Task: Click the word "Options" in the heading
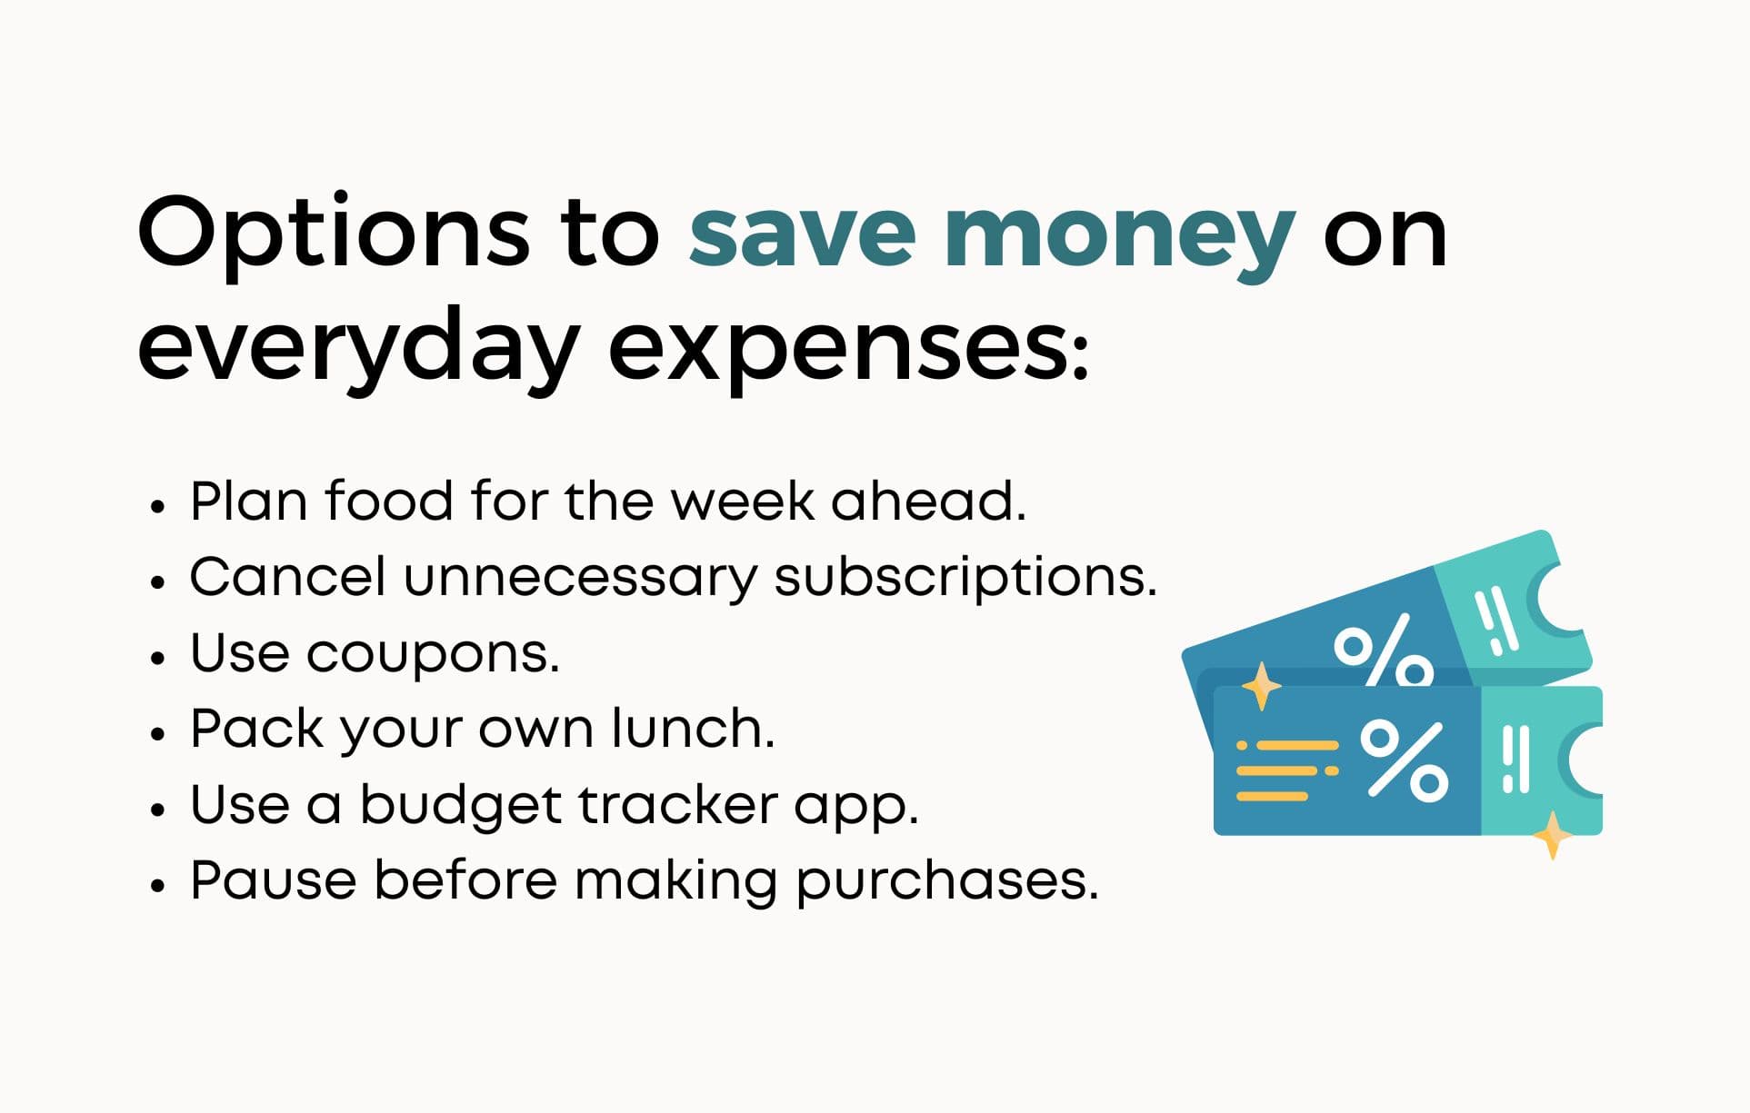coord(333,234)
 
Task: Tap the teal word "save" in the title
coord(801,234)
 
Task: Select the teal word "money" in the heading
coord(1119,234)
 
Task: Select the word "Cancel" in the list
coord(286,576)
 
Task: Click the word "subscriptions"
coord(965,578)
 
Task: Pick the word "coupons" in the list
coord(431,654)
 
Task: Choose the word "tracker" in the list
coord(678,804)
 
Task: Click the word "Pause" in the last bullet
coord(273,879)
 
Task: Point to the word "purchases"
coord(945,881)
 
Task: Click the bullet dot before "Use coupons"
coord(158,657)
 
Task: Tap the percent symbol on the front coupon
coord(1404,760)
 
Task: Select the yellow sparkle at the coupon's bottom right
coord(1553,834)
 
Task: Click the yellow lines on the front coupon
coord(1285,770)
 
